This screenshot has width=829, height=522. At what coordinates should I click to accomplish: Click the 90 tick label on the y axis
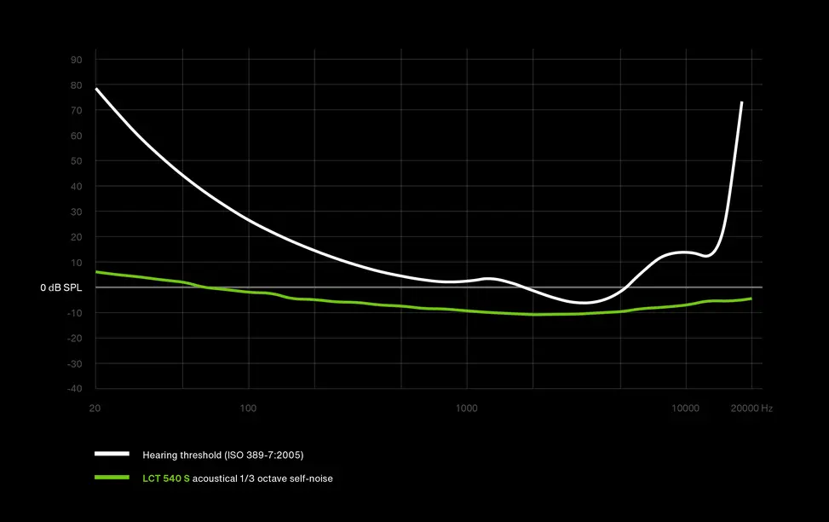76,60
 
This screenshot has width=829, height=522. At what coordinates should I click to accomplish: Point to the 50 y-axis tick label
76,161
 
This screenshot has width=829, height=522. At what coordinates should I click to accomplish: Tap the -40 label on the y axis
74,389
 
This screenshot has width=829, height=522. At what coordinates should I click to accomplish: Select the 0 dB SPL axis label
60,288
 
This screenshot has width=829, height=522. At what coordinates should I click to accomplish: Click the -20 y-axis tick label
74,339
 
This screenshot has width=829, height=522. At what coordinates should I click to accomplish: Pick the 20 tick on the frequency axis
95,409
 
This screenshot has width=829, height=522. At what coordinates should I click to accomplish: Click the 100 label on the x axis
248,409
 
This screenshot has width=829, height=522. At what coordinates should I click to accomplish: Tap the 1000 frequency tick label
467,409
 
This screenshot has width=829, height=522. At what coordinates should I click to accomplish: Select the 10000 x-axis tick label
685,409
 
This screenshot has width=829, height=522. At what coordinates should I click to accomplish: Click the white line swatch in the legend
112,455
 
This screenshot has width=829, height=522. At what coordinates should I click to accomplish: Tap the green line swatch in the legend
112,478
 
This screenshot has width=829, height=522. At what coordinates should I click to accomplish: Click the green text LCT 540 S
166,478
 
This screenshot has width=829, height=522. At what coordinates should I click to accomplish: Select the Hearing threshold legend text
222,455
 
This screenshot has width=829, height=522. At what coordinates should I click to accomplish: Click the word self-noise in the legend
311,478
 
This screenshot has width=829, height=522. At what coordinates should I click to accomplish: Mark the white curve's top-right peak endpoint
742,102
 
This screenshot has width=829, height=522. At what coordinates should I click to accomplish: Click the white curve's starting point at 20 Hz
96,89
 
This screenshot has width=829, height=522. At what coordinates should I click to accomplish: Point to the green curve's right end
751,299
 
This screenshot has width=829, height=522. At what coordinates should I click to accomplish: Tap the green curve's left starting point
96,272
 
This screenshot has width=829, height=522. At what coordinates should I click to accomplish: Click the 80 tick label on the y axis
76,85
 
